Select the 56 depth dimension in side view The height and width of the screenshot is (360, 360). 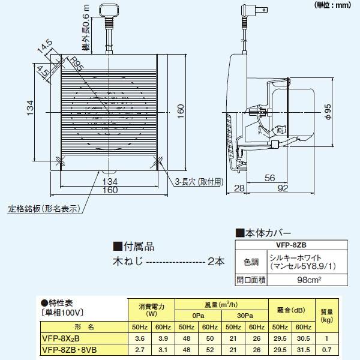pos(269,178)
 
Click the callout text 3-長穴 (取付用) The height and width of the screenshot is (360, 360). pos(199,181)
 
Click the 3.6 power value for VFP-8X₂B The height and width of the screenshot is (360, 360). pos(137,338)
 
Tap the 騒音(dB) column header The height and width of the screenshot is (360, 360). pos(292,310)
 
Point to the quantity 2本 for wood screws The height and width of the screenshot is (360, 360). pos(216,262)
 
